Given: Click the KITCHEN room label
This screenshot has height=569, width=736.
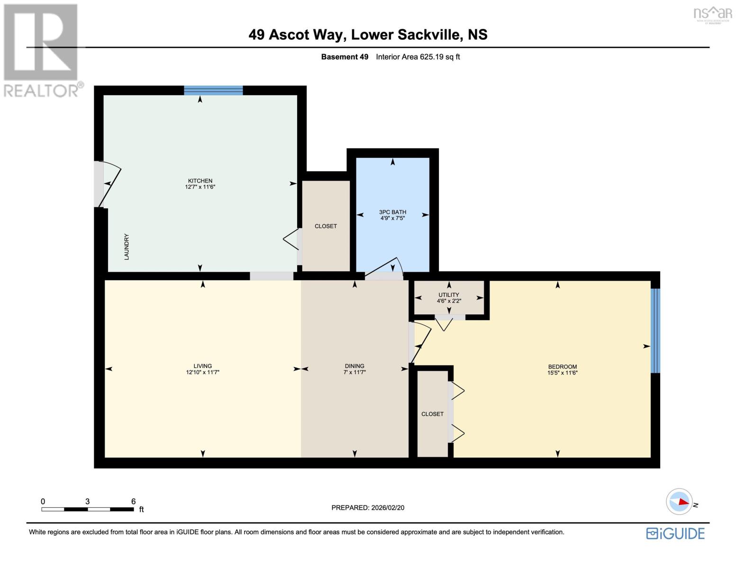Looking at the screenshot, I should (x=200, y=181).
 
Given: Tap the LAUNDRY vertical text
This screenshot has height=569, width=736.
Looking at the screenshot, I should (x=127, y=247).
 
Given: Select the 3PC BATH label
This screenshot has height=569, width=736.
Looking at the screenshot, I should (x=392, y=212).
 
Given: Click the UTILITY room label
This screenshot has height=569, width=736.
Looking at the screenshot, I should (x=448, y=294).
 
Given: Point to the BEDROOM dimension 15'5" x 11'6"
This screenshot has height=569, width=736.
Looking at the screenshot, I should (x=562, y=373).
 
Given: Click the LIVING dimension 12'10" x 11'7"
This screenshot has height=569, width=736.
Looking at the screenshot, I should (x=202, y=372).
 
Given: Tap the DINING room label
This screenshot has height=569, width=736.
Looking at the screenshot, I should (x=354, y=366).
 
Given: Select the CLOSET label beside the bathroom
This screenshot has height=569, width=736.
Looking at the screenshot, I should (x=326, y=226).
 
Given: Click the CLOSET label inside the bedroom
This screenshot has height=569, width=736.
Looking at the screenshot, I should (x=432, y=414).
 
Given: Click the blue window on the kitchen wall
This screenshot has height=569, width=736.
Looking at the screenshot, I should (x=213, y=91).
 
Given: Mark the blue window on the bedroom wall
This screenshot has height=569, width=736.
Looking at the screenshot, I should (x=655, y=330).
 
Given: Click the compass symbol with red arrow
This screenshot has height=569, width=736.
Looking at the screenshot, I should (x=679, y=502).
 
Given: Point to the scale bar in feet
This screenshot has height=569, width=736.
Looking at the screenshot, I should (x=88, y=509).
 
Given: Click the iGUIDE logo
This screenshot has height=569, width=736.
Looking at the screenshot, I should (x=675, y=533).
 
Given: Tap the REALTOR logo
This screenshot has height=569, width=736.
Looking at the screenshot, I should (x=42, y=50).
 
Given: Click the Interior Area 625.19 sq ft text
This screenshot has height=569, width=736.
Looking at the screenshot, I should (x=418, y=57).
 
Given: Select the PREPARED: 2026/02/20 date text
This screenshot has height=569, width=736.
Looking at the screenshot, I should (x=368, y=508).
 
